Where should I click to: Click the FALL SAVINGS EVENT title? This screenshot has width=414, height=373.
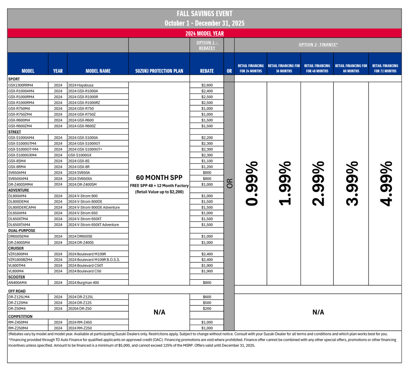click(x=204, y=14)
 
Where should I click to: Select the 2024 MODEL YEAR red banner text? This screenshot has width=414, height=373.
click(x=204, y=34)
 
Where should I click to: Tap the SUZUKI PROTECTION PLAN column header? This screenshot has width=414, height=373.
click(x=159, y=71)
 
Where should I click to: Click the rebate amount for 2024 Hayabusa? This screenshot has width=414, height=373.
click(x=207, y=85)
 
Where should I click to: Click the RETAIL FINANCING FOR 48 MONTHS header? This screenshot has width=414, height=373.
click(x=317, y=68)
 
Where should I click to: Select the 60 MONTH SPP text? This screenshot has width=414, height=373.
click(x=159, y=178)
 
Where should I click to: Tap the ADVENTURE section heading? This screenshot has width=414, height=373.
click(x=19, y=190)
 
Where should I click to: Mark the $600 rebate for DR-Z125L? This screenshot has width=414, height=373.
click(x=207, y=297)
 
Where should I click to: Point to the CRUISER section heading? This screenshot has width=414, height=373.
click(x=16, y=248)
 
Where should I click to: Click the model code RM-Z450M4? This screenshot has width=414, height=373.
click(x=19, y=322)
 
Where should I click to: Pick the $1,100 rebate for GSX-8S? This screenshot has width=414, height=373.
click(x=207, y=161)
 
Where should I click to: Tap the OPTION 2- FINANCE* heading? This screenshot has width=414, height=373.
click(x=318, y=45)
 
